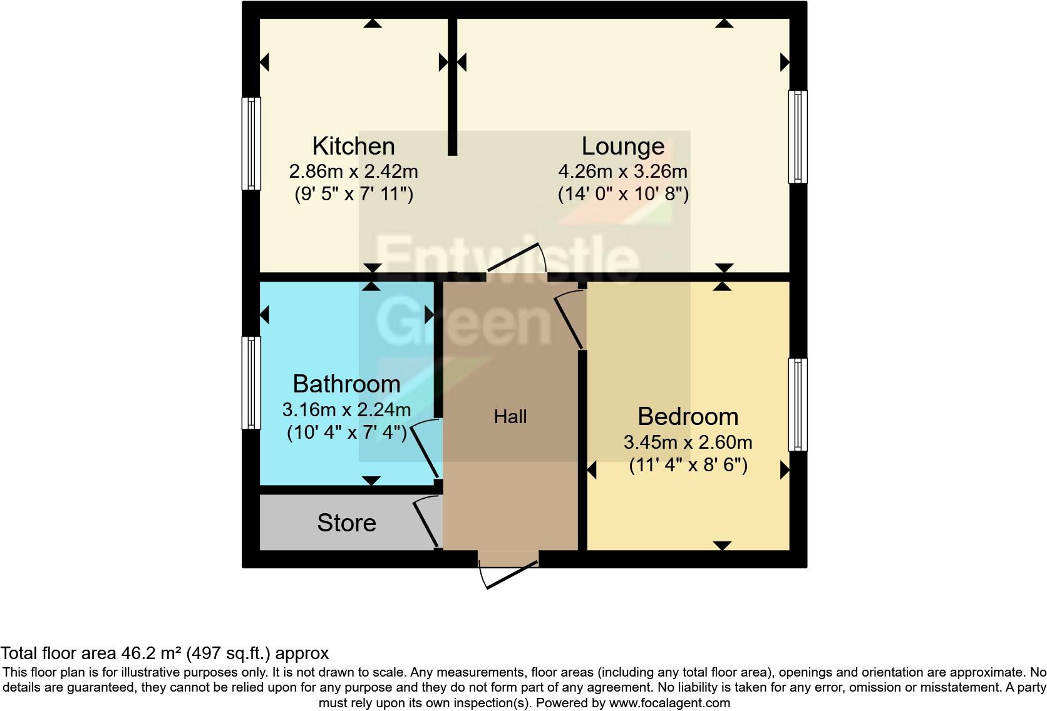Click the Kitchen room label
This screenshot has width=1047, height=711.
tap(353, 146)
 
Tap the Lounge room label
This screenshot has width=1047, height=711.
tap(622, 146)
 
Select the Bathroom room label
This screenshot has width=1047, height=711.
tap(346, 383)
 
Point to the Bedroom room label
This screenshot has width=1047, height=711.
tap(688, 416)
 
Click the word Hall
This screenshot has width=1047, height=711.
tap(510, 417)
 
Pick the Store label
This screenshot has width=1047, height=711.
tap(346, 523)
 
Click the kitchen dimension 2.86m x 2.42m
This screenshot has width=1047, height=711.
tap(353, 171)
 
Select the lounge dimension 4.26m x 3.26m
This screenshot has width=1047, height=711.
tap(622, 171)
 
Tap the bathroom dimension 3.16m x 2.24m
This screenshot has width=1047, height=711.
tap(346, 410)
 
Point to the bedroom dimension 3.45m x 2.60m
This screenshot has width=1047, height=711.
tap(688, 442)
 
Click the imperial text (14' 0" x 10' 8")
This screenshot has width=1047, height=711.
tap(623, 194)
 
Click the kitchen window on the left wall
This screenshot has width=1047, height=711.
tap(251, 143)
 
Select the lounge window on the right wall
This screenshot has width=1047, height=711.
tap(798, 136)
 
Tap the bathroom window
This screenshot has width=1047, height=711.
tap(251, 382)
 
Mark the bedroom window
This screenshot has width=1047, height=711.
tap(798, 404)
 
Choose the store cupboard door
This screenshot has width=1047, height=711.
tap(426, 523)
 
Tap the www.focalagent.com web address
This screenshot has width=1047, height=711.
tap(669, 703)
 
